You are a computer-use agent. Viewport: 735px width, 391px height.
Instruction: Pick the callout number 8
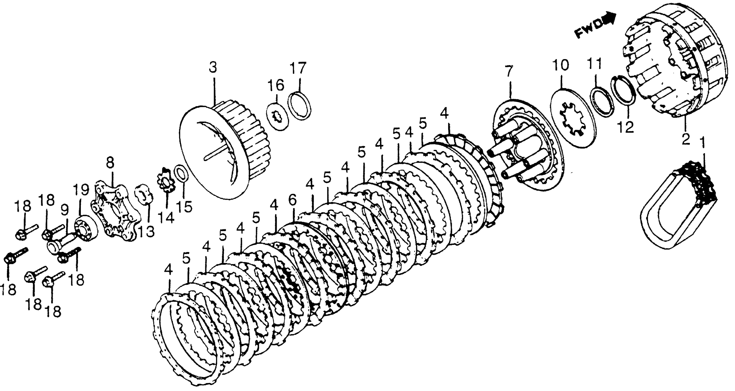pyautogui.click(x=110, y=164)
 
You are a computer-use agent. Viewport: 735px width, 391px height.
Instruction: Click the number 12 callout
pyautogui.click(x=626, y=127)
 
